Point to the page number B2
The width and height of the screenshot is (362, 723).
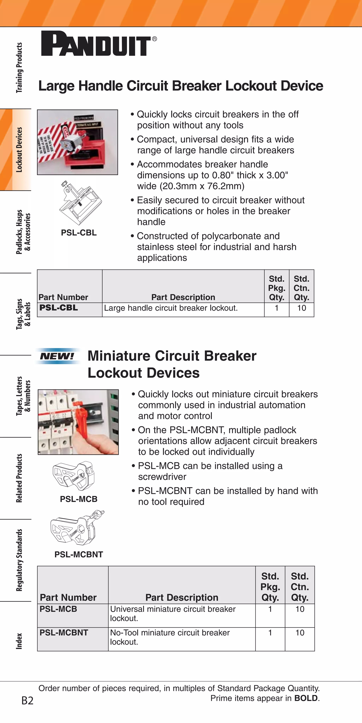(x=27, y=701)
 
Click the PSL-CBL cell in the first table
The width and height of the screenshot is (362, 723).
(x=59, y=308)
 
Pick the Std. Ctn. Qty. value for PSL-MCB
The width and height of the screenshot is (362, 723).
(x=300, y=609)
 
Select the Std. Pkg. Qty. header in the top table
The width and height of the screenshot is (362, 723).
(x=277, y=288)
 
